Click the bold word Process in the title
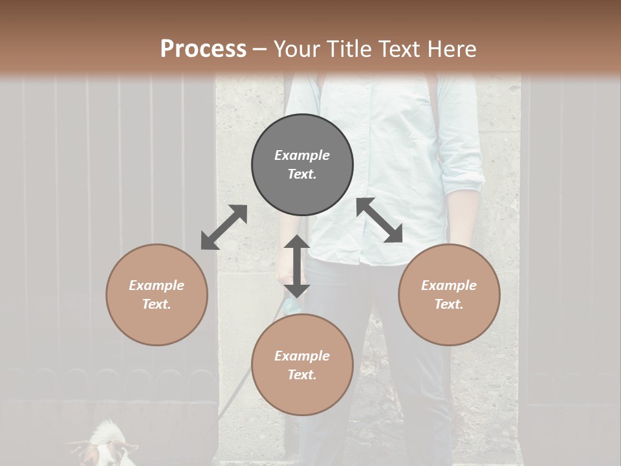[x=203, y=49]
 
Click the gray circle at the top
[x=302, y=165]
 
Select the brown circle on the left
[x=157, y=294]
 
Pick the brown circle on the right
[x=449, y=294]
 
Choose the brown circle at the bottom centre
[x=302, y=365]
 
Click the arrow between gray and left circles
[x=224, y=227]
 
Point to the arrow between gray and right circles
[x=380, y=220]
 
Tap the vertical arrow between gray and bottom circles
[x=296, y=266]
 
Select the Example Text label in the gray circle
[x=302, y=165]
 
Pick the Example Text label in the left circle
[x=157, y=294]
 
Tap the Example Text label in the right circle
[x=449, y=294]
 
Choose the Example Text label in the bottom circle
[x=302, y=365]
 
